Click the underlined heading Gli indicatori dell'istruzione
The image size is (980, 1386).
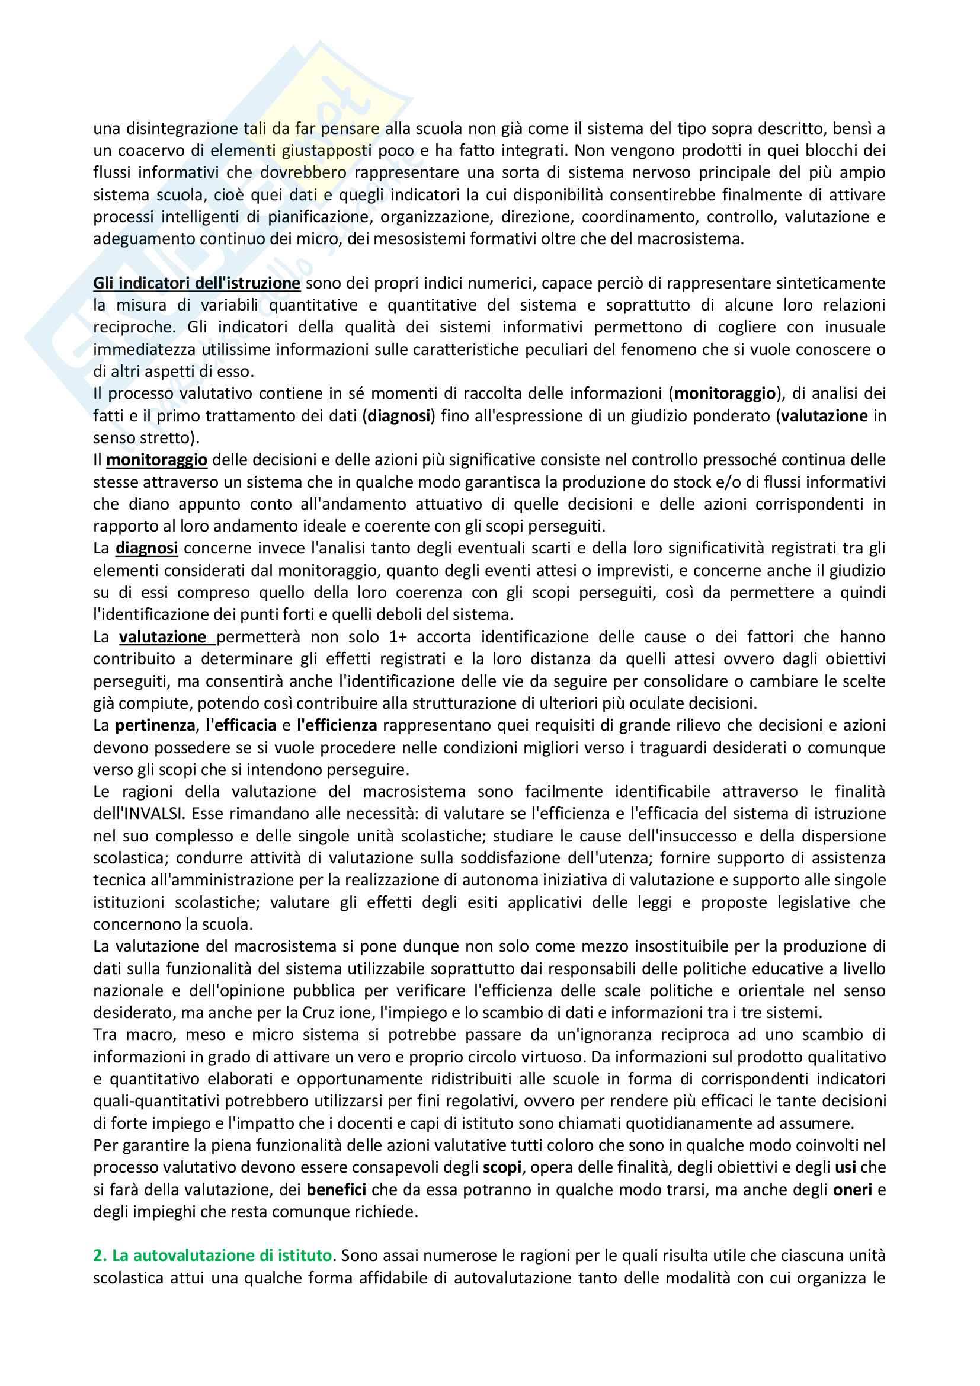click(196, 283)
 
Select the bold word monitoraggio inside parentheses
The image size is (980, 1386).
click(725, 393)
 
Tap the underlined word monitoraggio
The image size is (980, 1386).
click(157, 460)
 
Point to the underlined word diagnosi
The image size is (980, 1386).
click(146, 548)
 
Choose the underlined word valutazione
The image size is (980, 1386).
click(163, 637)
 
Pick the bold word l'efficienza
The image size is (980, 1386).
click(337, 725)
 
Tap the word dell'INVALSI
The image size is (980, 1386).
click(137, 814)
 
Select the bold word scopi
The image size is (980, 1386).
click(502, 1167)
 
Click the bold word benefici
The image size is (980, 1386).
click(336, 1190)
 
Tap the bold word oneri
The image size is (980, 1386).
click(852, 1190)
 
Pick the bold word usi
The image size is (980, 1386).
click(846, 1167)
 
